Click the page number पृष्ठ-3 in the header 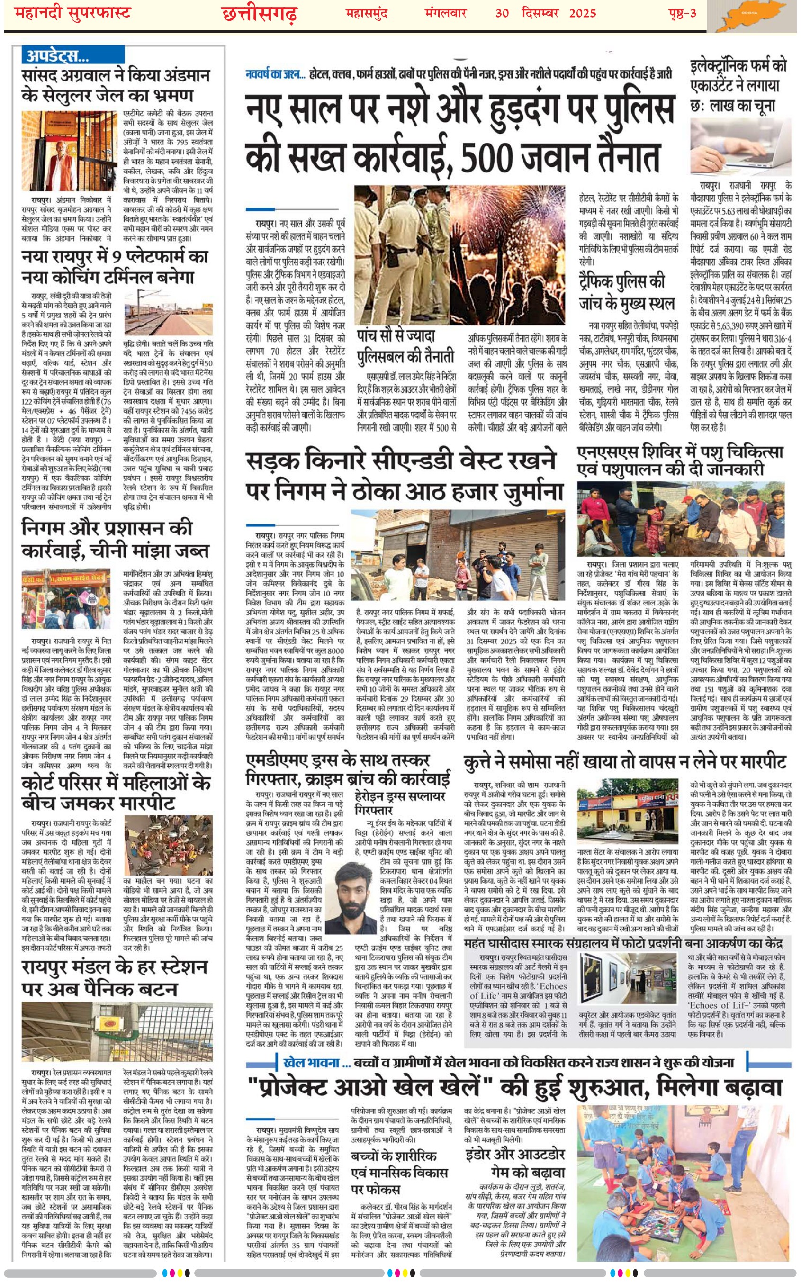tap(682, 13)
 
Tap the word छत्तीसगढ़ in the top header tap(259, 14)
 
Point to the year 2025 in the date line tap(582, 13)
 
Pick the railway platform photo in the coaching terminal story tap(168, 313)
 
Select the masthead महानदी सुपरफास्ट tap(72, 13)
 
